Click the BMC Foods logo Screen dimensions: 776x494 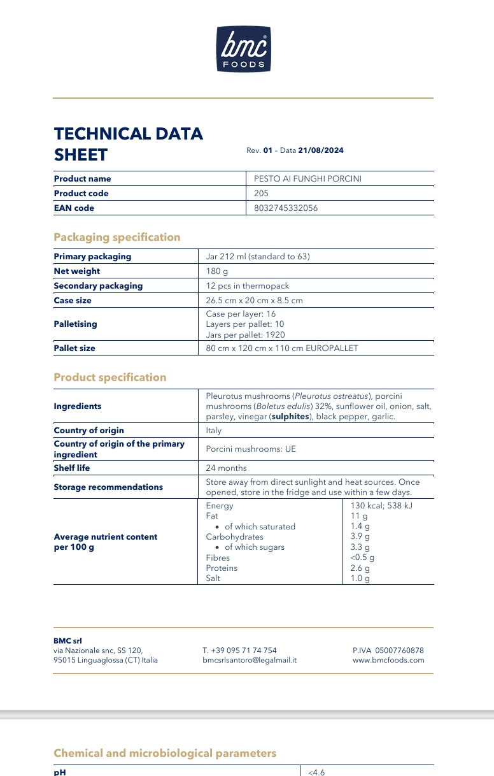coord(244,49)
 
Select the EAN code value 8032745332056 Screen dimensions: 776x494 coord(286,208)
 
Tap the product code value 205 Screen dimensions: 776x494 coord(261,194)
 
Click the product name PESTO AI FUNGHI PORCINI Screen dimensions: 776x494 coord(307,179)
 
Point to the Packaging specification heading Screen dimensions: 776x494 coord(117,237)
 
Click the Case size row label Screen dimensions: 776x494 coord(73,300)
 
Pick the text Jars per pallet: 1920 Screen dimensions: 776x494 coord(245,335)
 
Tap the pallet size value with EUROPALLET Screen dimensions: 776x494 coord(282,348)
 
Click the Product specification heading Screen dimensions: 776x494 coord(110,377)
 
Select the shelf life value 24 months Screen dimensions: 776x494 coord(227,468)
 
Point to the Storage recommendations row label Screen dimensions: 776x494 coord(108,487)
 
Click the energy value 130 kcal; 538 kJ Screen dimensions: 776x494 coord(381,506)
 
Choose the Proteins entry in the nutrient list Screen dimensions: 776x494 coord(222,568)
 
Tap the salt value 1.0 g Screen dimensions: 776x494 coord(360,578)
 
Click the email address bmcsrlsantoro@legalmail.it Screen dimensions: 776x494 coord(250,661)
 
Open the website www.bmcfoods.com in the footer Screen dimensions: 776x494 coord(388,661)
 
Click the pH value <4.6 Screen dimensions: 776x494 coord(316,772)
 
